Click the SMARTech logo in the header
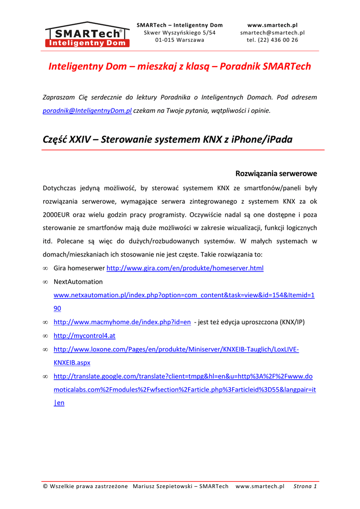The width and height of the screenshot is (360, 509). click(87, 35)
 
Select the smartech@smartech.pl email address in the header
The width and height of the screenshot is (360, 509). click(272, 33)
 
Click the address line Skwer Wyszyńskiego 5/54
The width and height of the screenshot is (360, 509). click(180, 33)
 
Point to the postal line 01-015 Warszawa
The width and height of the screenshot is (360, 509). click(180, 40)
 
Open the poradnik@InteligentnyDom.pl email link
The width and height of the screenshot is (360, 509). click(87, 111)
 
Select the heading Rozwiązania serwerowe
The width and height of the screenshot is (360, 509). click(276, 174)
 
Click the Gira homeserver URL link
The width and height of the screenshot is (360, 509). click(185, 268)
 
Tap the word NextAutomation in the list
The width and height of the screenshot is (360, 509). click(78, 282)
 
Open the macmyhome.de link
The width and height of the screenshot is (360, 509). click(122, 322)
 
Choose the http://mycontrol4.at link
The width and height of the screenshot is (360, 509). click(84, 336)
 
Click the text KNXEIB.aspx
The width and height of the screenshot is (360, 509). click(72, 363)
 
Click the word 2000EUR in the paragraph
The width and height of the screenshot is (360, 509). click(58, 215)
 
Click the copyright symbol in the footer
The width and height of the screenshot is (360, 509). click(46, 486)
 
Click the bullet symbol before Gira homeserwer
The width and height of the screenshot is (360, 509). click(45, 268)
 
